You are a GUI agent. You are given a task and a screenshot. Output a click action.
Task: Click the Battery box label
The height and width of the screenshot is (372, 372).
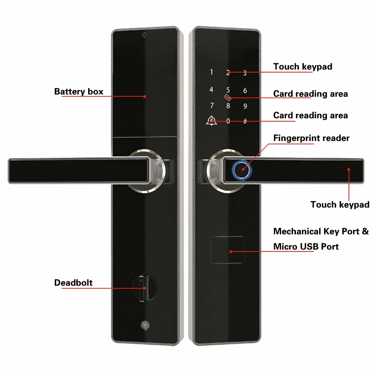pos(78,92)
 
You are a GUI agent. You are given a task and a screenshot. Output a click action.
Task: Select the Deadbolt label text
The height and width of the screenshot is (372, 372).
pos(73,283)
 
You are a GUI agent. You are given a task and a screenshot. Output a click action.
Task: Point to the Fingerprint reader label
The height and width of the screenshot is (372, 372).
pos(311,138)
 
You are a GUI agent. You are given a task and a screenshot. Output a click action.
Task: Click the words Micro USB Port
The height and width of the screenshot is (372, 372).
pos(306,247)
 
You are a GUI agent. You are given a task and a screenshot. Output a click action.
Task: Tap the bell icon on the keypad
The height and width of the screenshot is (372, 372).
pos(212,121)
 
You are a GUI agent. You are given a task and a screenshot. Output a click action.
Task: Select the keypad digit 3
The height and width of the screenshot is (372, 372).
pos(245,73)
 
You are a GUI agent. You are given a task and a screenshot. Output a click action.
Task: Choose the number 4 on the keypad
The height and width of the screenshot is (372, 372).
pos(211,90)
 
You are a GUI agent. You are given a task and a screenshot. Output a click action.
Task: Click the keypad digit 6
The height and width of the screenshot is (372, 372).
pos(245,90)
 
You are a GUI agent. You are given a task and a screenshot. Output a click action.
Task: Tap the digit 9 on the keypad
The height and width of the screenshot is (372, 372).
pos(245,106)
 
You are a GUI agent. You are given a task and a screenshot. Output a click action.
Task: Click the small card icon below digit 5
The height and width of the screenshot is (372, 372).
pos(228,98)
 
